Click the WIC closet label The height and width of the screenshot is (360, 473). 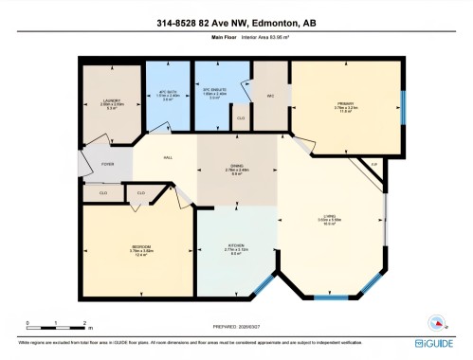(x=270, y=96)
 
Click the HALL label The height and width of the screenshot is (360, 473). (x=168, y=157)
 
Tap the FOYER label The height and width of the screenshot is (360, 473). (x=108, y=164)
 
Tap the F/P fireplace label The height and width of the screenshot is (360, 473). (x=373, y=166)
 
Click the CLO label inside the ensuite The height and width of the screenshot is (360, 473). (x=241, y=118)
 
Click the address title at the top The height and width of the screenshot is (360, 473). (x=236, y=22)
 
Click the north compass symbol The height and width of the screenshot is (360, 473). (x=436, y=321)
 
